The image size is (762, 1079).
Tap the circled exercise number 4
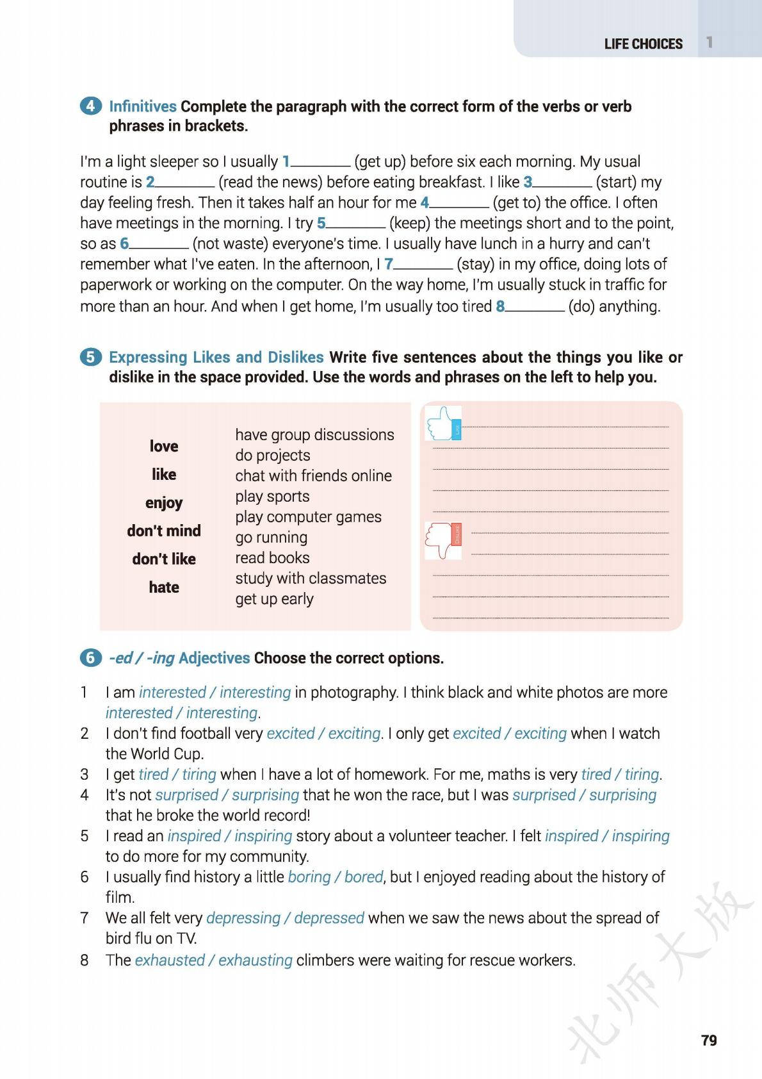click(91, 106)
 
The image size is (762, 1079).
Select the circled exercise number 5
click(91, 357)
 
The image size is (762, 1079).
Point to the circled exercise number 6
click(91, 658)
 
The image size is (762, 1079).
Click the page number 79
click(709, 1041)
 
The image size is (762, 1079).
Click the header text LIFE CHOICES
click(643, 44)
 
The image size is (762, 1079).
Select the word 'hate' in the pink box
click(164, 587)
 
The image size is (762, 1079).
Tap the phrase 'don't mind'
click(164, 531)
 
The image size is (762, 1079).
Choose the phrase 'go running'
click(271, 538)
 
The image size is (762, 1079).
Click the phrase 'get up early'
click(274, 599)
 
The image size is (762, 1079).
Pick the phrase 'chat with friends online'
click(313, 476)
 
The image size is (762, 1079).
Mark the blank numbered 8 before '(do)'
click(535, 308)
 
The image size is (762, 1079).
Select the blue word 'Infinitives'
click(143, 106)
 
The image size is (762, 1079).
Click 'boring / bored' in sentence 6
click(335, 877)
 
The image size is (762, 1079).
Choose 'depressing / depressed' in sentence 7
click(285, 918)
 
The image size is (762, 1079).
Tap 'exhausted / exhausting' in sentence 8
click(213, 960)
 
